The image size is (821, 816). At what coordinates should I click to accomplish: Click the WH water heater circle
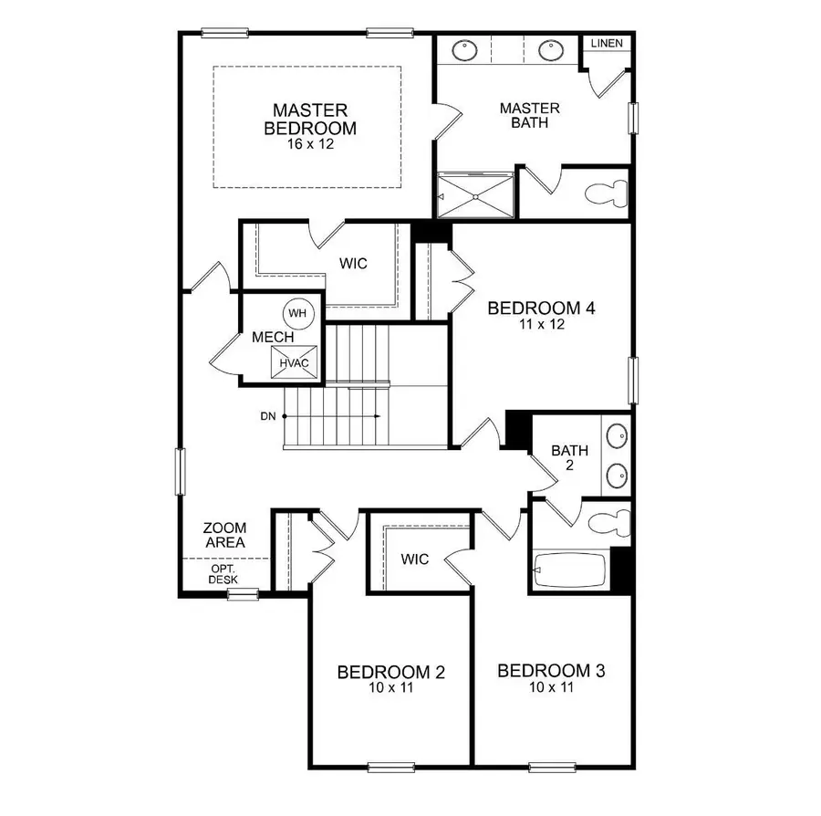click(x=298, y=314)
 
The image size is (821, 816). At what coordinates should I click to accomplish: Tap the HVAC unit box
click(x=294, y=362)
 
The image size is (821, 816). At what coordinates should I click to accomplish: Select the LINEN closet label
click(x=607, y=44)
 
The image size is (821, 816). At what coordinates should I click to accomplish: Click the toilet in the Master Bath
click(x=607, y=194)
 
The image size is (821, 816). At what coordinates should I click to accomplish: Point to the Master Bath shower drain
click(x=475, y=197)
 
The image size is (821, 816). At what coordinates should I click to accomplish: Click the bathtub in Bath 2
click(x=569, y=570)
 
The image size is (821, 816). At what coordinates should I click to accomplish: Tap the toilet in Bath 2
click(x=609, y=522)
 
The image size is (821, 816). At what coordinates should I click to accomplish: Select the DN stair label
click(x=268, y=416)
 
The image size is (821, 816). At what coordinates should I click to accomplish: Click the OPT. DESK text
click(x=223, y=574)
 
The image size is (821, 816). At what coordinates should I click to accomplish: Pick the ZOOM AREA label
click(x=225, y=535)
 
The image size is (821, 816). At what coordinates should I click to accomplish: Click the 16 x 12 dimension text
click(x=310, y=144)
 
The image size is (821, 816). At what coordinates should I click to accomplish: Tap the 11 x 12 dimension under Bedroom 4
click(x=542, y=324)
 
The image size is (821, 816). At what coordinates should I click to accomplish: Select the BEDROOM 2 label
click(x=391, y=672)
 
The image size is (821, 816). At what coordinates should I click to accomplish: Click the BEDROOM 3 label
click(x=551, y=671)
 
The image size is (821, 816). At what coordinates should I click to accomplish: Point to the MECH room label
click(x=273, y=338)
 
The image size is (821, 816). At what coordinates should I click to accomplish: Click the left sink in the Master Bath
click(x=464, y=51)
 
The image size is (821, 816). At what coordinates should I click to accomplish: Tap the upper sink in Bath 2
click(x=617, y=435)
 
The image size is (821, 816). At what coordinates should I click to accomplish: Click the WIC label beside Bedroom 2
click(x=415, y=560)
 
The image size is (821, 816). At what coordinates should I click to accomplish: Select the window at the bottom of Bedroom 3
click(x=552, y=768)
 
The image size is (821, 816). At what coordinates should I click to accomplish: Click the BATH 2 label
click(x=569, y=458)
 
